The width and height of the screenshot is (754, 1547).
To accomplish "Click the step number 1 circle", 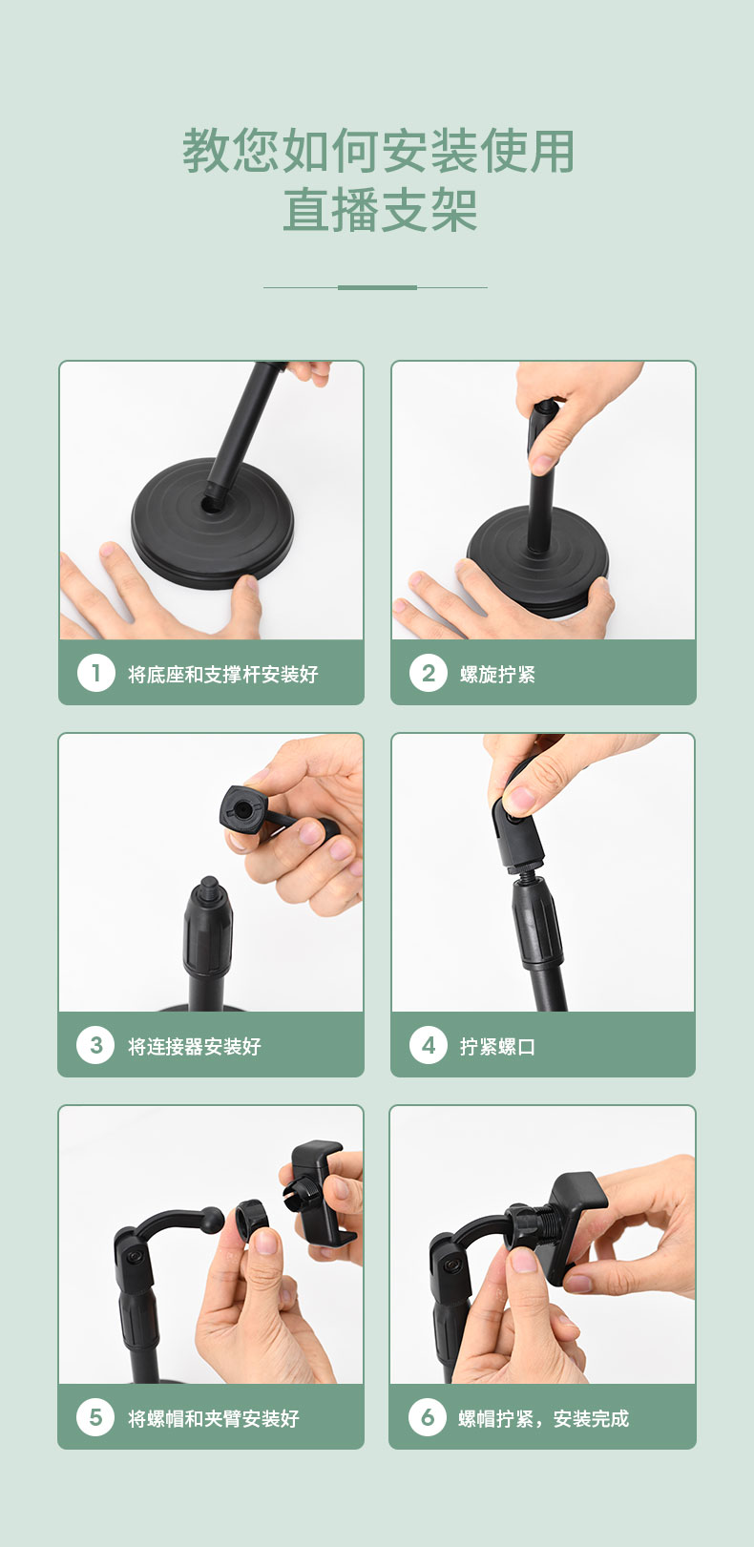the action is (x=96, y=673).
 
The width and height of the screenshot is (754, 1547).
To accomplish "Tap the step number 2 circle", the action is (x=429, y=673).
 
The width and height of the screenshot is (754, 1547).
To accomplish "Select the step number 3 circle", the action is (x=96, y=1045).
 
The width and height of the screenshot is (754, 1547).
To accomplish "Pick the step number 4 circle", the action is (x=429, y=1045).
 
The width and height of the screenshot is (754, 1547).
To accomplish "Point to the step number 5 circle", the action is (x=96, y=1417).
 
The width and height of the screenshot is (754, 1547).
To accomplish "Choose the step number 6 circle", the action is (x=428, y=1417).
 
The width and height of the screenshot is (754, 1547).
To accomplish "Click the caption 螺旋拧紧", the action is (x=497, y=674).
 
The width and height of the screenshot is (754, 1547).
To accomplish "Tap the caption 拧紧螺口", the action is (x=497, y=1046).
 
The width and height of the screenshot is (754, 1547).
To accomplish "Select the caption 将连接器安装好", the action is (x=195, y=1046).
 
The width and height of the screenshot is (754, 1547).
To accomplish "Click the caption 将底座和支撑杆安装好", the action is (x=223, y=674).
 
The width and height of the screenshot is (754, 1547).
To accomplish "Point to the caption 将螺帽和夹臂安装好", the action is (x=214, y=1418).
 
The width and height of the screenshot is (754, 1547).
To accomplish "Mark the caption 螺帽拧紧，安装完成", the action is (x=543, y=1418).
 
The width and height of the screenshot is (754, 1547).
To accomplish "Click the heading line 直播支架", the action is (x=380, y=210).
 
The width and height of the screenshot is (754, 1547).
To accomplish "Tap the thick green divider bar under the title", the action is (x=377, y=287).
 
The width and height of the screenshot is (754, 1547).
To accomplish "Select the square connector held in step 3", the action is (x=243, y=809).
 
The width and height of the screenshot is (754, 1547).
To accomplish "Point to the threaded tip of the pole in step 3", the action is (x=207, y=884).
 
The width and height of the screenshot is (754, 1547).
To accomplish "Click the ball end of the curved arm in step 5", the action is (x=212, y=1220).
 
